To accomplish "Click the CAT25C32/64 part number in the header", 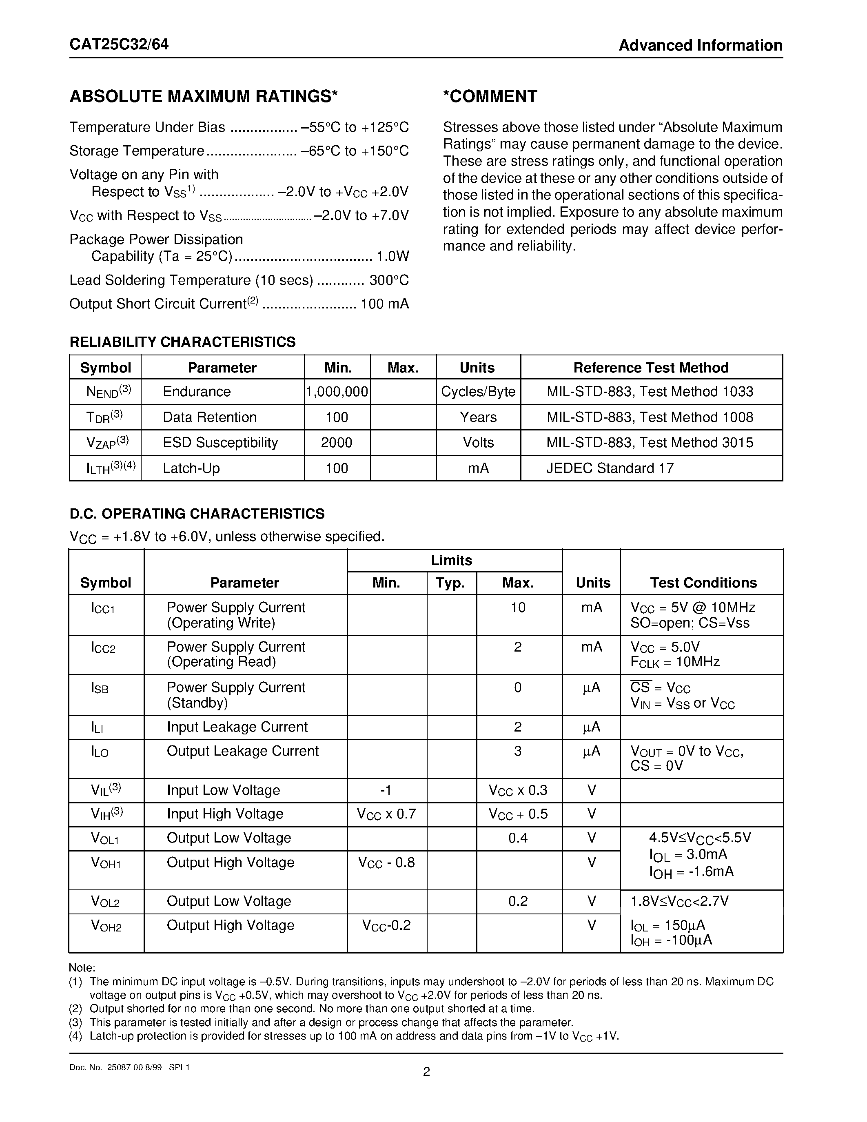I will point(119,45).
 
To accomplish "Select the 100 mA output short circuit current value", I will point(385,304).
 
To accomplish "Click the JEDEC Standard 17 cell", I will point(610,468).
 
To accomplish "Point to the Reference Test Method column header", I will point(651,368).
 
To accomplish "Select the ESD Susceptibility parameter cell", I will point(220,442).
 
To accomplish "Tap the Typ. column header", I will point(450,583).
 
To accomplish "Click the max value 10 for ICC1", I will point(518,608).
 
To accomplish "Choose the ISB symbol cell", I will point(100,688).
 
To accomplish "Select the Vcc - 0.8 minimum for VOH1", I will point(386,862).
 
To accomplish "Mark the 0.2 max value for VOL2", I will point(518,901).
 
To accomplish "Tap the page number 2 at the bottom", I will point(426,1072).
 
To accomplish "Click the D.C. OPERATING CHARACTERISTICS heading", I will point(197,514).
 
